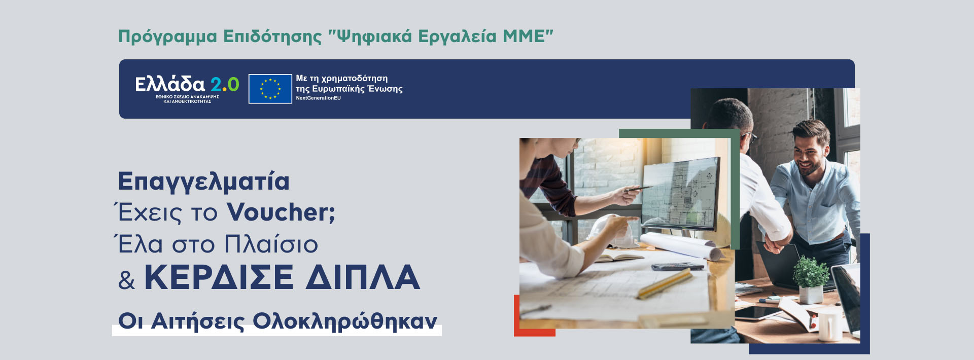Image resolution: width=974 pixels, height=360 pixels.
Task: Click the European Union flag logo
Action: (270, 89)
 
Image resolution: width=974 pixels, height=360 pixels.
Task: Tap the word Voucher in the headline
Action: (281, 212)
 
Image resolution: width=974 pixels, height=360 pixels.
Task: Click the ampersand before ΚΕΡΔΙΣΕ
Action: (126, 280)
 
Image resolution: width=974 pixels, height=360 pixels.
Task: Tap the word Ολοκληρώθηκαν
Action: (345, 321)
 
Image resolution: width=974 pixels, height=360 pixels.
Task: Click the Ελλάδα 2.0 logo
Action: (187, 89)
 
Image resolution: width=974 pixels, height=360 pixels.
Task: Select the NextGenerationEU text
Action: (318, 98)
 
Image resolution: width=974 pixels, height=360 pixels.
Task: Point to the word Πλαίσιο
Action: (271, 244)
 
